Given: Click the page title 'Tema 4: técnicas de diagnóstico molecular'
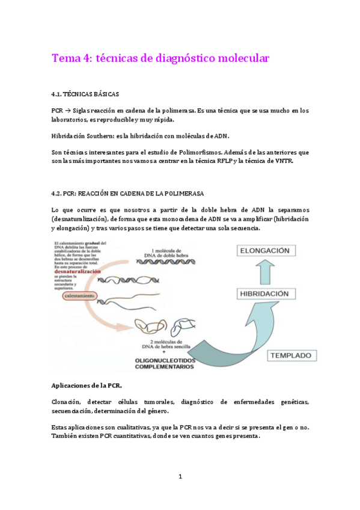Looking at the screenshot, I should pyautogui.click(x=160, y=58).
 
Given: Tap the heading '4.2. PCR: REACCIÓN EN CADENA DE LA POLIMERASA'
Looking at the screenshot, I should pyautogui.click(x=128, y=193).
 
